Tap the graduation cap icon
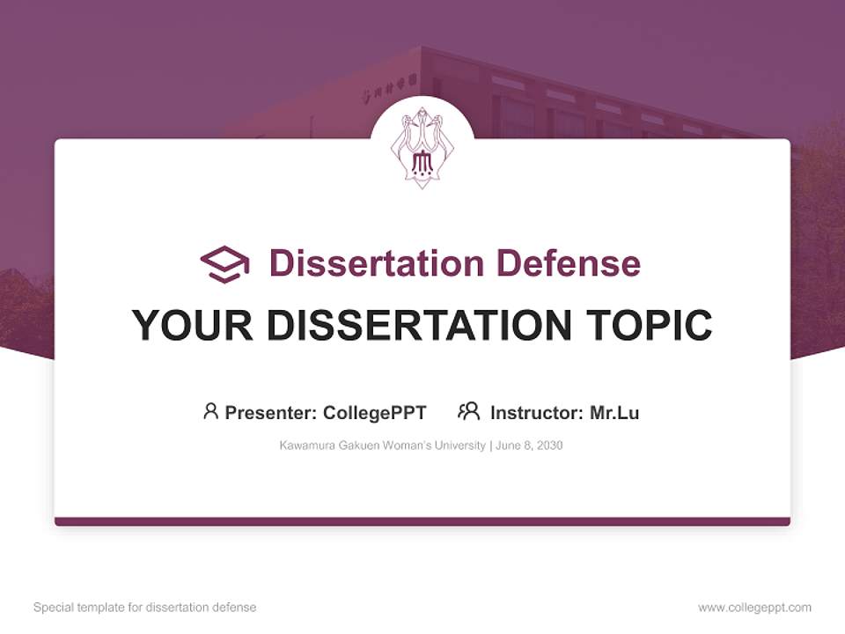pyautogui.click(x=224, y=264)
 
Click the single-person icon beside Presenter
pyautogui.click(x=210, y=411)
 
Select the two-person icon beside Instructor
pyautogui.click(x=469, y=411)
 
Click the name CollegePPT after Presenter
pyautogui.click(x=375, y=412)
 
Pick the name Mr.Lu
pyautogui.click(x=614, y=412)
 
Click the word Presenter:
pyautogui.click(x=271, y=412)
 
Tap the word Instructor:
pyautogui.click(x=537, y=412)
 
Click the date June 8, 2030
pyautogui.click(x=529, y=446)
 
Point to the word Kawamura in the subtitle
pyautogui.click(x=305, y=446)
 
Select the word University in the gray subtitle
pyautogui.click(x=459, y=446)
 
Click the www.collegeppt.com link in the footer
pyautogui.click(x=754, y=608)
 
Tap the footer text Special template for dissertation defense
pyautogui.click(x=145, y=608)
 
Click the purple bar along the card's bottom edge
pyautogui.click(x=422, y=521)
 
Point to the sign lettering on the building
pyautogui.click(x=386, y=93)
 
